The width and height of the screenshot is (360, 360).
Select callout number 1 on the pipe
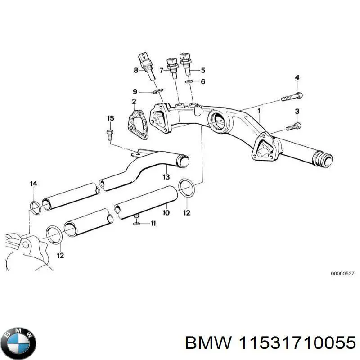click(259, 110)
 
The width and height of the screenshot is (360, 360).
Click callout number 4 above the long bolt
click(297, 78)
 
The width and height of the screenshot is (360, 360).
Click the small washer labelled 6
click(190, 81)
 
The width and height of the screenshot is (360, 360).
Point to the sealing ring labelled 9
click(157, 92)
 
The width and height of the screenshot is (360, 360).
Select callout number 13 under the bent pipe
click(166, 177)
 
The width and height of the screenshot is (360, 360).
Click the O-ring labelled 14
click(34, 207)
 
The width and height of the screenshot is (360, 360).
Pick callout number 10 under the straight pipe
click(166, 212)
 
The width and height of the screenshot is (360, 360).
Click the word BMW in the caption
click(202, 343)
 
